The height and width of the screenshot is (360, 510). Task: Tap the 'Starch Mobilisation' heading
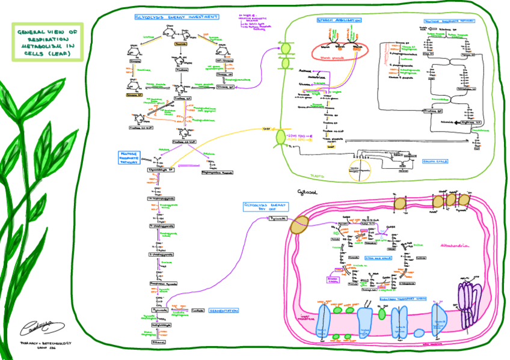coord(339,20)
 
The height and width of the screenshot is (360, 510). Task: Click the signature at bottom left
coord(37,328)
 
